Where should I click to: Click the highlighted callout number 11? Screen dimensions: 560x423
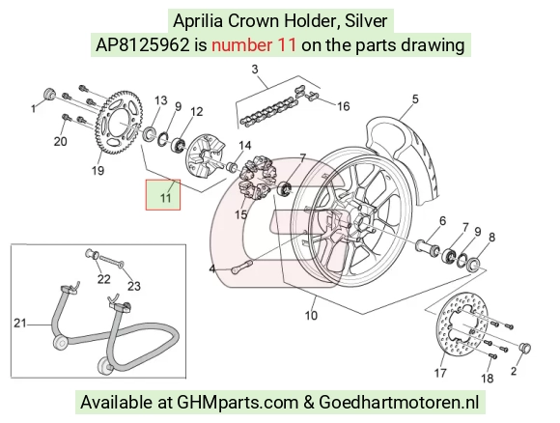pyautogui.click(x=165, y=198)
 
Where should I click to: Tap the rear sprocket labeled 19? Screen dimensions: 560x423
pyautogui.click(x=120, y=123)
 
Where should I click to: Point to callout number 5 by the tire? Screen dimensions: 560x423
pyautogui.click(x=414, y=99)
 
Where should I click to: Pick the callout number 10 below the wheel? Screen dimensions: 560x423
pyautogui.click(x=311, y=316)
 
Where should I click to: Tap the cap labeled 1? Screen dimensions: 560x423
pyautogui.click(x=49, y=94)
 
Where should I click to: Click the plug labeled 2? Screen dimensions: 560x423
pyautogui.click(x=525, y=348)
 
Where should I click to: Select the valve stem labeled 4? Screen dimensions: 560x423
pyautogui.click(x=242, y=268)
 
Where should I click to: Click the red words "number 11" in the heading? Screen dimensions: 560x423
pyautogui.click(x=254, y=45)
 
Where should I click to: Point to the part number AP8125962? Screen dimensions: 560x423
pyautogui.click(x=142, y=45)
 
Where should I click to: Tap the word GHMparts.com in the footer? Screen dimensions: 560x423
pyautogui.click(x=238, y=403)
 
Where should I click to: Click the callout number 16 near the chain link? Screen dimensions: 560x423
pyautogui.click(x=343, y=106)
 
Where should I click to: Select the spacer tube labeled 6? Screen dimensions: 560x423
pyautogui.click(x=428, y=247)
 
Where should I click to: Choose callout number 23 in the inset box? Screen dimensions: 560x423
pyautogui.click(x=134, y=286)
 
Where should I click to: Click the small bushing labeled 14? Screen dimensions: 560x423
pyautogui.click(x=232, y=166)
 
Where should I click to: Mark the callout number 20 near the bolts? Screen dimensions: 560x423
pyautogui.click(x=60, y=141)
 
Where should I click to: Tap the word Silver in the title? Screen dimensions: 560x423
pyautogui.click(x=366, y=21)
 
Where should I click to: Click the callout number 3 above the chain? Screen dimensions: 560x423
pyautogui.click(x=255, y=69)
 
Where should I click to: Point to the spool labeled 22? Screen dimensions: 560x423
pyautogui.click(x=92, y=254)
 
